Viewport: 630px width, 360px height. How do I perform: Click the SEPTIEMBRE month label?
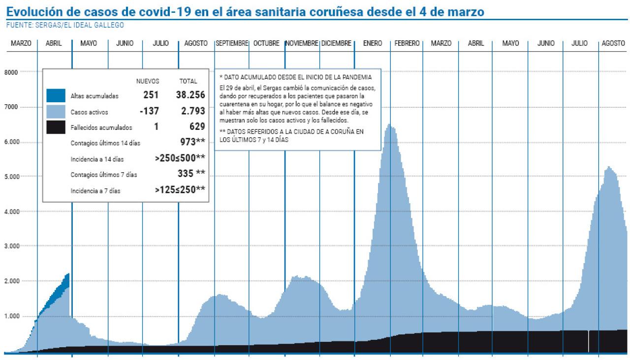[x=232, y=43]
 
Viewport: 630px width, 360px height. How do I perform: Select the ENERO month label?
[x=372, y=43]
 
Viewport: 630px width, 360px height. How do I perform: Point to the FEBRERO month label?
[x=407, y=43]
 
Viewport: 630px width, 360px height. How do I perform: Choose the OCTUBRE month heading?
[x=266, y=43]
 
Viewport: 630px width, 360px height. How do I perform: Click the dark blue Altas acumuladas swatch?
[x=56, y=96]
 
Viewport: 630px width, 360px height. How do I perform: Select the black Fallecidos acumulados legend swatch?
[x=56, y=127]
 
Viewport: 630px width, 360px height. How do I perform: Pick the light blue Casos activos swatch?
[x=56, y=112]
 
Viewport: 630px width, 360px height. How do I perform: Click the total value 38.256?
[x=190, y=95]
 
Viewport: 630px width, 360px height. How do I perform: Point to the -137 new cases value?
[x=149, y=111]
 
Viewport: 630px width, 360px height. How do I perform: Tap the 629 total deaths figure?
[x=197, y=127]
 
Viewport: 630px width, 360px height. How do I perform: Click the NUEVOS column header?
[x=148, y=81]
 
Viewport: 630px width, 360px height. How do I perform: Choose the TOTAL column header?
[x=188, y=81]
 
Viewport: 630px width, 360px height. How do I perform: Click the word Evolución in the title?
[x=31, y=11]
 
